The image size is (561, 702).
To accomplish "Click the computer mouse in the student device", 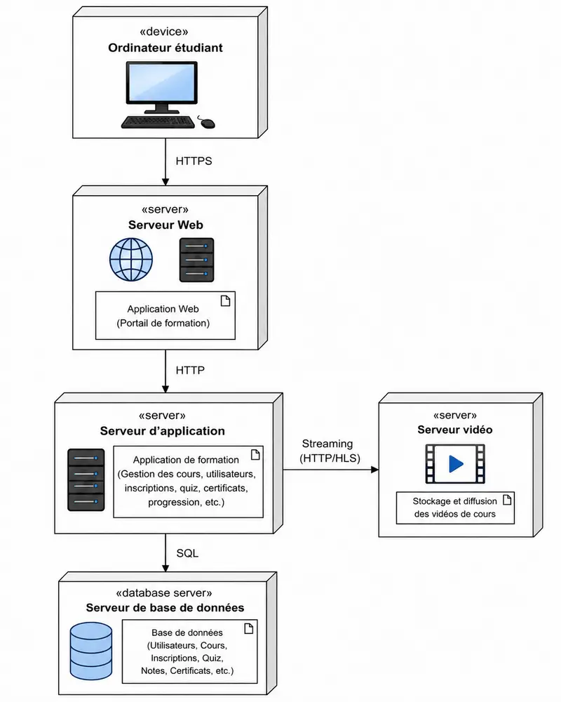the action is click(207, 122).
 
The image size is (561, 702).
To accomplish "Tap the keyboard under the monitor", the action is click(158, 122).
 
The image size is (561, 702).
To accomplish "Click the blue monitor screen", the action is click(161, 82).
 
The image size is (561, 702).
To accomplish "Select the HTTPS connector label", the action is click(194, 161).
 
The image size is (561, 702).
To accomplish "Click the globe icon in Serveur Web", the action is click(131, 259).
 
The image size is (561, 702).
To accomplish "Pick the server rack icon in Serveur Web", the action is click(196, 260).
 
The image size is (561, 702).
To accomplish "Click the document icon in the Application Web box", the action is click(226, 301).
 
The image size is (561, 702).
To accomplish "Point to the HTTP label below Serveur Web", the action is click(190, 370).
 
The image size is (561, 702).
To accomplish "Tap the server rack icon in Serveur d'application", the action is click(86, 479).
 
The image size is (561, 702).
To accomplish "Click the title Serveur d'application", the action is click(163, 431).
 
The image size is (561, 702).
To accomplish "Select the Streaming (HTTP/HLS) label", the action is click(330, 451).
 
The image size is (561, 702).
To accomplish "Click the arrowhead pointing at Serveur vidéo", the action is click(374, 470).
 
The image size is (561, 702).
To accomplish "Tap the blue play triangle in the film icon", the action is click(455, 464).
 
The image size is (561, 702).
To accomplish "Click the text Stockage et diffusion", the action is click(454, 501).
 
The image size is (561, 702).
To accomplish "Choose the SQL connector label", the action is click(187, 553).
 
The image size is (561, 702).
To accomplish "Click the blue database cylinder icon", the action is click(91, 651).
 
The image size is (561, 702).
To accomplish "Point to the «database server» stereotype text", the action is click(163, 593).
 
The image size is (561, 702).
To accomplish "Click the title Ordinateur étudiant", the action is click(165, 48).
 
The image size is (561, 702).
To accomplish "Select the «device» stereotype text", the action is click(163, 32).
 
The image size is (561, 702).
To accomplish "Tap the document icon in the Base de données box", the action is click(249, 628).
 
